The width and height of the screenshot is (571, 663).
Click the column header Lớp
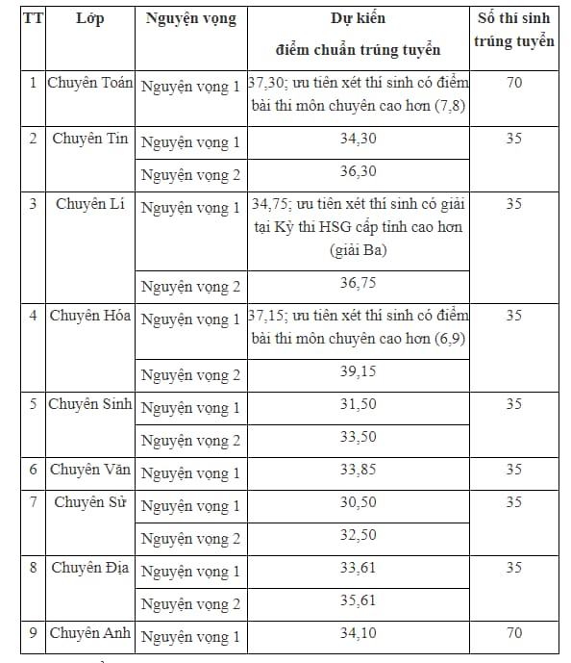click(x=89, y=18)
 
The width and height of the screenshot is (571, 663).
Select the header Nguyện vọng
click(x=190, y=18)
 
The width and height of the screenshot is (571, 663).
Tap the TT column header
click(x=32, y=18)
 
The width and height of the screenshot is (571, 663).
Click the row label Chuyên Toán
click(x=90, y=83)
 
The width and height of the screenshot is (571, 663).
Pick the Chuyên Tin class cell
click(x=90, y=139)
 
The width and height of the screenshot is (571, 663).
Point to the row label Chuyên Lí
click(x=90, y=204)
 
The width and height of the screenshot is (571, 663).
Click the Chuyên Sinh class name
click(x=90, y=404)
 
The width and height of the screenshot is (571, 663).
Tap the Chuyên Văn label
click(x=90, y=470)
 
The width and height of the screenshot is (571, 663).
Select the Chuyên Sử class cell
click(x=90, y=502)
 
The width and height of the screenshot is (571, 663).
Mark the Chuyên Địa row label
click(x=90, y=568)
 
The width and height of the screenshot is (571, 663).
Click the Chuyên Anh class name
click(x=90, y=633)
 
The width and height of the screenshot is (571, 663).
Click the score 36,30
click(x=359, y=172)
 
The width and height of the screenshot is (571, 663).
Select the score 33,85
click(x=359, y=471)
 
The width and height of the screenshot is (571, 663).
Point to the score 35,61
click(x=359, y=601)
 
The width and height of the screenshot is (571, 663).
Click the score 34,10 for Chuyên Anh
click(x=359, y=634)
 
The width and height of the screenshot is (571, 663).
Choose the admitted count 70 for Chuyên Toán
click(x=513, y=83)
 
